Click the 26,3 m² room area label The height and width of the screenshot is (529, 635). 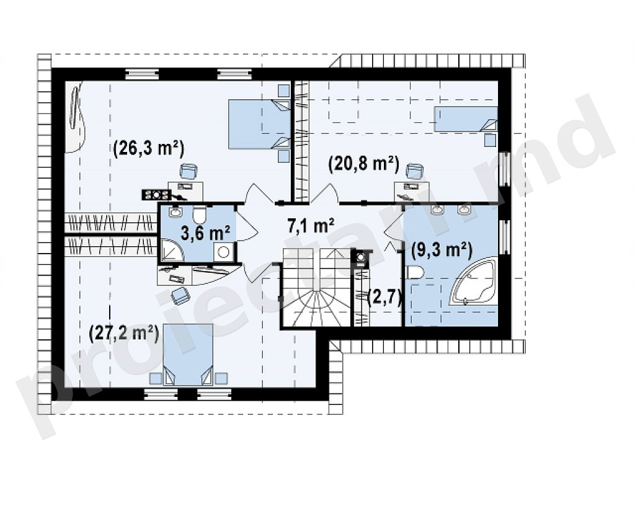pyautogui.click(x=149, y=149)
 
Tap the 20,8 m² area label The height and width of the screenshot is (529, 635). pyautogui.click(x=364, y=164)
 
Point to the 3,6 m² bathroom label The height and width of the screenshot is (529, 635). pyautogui.click(x=205, y=233)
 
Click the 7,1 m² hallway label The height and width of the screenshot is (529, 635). pyautogui.click(x=311, y=226)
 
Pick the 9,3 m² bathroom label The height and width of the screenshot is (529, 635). pyautogui.click(x=442, y=251)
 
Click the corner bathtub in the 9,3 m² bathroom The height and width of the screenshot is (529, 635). pyautogui.click(x=472, y=283)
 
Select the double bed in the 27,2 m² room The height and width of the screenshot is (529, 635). pyautogui.click(x=188, y=354)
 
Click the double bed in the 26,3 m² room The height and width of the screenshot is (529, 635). pyautogui.click(x=260, y=125)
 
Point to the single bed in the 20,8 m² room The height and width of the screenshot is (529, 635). pyautogui.click(x=466, y=118)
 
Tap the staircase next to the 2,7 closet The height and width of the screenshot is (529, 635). pyautogui.click(x=316, y=287)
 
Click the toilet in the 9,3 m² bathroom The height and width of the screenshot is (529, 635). pyautogui.click(x=415, y=272)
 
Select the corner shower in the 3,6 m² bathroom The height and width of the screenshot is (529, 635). pyautogui.click(x=172, y=250)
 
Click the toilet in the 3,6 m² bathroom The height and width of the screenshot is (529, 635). pyautogui.click(x=200, y=215)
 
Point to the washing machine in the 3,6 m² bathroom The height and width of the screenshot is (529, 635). pyautogui.click(x=223, y=252)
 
